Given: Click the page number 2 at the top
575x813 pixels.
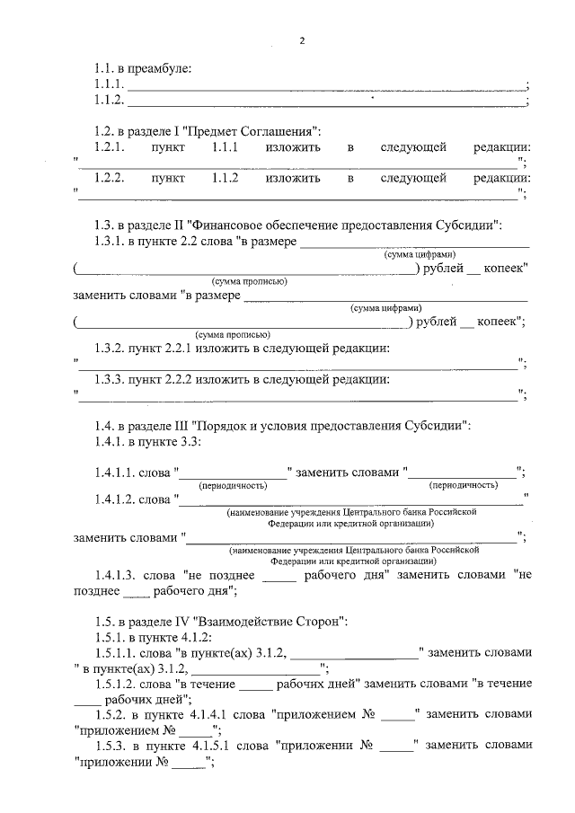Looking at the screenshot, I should [303, 40].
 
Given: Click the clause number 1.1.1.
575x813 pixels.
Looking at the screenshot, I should [108, 84].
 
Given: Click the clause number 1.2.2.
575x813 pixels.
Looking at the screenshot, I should [109, 178].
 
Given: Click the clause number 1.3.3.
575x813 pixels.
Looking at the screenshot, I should [109, 380].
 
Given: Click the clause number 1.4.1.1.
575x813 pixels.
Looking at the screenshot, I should [113, 473].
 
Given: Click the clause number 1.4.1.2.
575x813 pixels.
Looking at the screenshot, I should [113, 499].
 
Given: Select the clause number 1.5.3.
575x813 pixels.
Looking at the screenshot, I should [109, 745].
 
